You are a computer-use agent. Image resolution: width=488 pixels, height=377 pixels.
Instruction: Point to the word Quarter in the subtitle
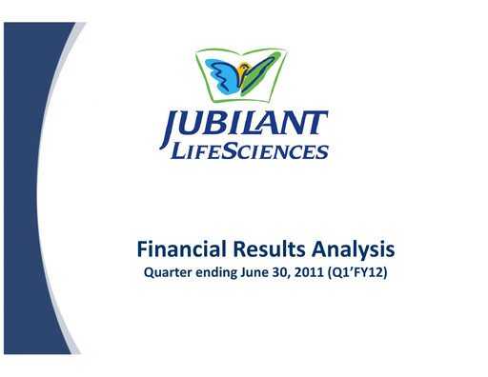168,276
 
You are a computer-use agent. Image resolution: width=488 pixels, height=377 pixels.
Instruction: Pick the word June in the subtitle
261,276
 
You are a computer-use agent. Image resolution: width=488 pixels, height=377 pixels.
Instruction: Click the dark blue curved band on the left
29,190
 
